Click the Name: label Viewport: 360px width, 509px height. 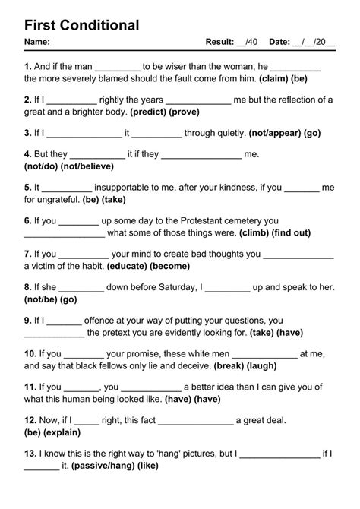point(37,42)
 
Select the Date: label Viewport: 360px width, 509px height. point(279,42)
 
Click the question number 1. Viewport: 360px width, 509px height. point(27,66)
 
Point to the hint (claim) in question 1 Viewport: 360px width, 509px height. point(275,78)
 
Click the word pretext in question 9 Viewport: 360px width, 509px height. point(122,333)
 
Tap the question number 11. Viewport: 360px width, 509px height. point(30,387)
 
